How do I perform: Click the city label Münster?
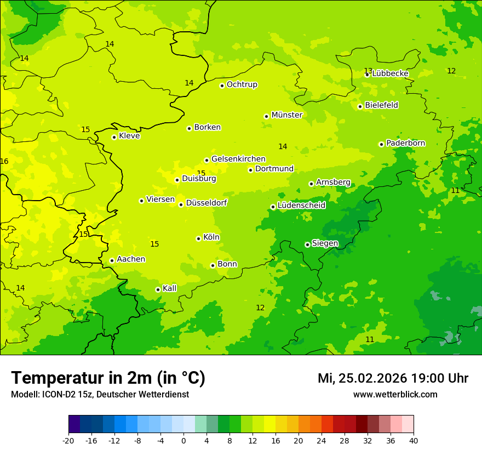click(286, 115)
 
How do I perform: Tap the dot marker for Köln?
click(198, 238)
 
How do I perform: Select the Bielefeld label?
click(381, 105)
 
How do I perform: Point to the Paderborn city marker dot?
click(381, 144)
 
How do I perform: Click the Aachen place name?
click(131, 259)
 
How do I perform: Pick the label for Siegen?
click(325, 243)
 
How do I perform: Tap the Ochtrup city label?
click(242, 84)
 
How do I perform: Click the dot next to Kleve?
click(114, 137)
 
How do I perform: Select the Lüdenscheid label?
click(301, 206)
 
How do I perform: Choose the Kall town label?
click(169, 288)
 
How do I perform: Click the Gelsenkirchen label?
click(238, 159)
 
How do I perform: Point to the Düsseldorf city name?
click(206, 203)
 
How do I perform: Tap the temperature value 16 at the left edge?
click(4, 161)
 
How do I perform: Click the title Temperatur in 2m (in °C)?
click(108, 378)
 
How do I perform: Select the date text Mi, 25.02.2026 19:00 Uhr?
click(393, 378)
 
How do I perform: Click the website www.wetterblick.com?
click(395, 394)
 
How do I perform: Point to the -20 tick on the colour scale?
click(68, 440)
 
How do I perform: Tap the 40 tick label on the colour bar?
click(414, 440)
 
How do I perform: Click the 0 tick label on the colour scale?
click(183, 440)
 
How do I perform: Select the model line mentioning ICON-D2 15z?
click(100, 394)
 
